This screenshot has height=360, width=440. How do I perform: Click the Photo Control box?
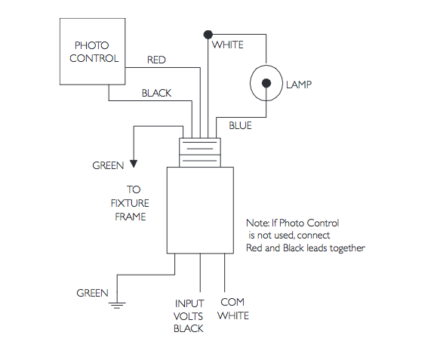coord(92,51)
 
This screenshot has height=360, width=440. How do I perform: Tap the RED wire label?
coord(157,60)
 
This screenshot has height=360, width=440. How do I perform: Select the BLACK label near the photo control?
coord(156,94)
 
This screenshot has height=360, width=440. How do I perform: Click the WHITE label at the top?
coord(228,45)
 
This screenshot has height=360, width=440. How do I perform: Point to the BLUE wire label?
coord(240,125)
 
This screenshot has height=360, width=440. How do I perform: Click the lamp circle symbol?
coord(266,85)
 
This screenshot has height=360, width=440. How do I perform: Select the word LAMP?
coord(299,85)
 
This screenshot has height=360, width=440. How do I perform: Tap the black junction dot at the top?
coord(207,34)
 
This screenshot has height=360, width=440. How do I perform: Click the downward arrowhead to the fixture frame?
coord(134,160)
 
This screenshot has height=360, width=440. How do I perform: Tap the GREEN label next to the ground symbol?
coord(92,293)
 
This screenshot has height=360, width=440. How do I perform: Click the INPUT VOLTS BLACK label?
coord(189,315)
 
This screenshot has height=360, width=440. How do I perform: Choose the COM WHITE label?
coord(232,309)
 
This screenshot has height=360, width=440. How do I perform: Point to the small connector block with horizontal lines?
coord(200,152)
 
